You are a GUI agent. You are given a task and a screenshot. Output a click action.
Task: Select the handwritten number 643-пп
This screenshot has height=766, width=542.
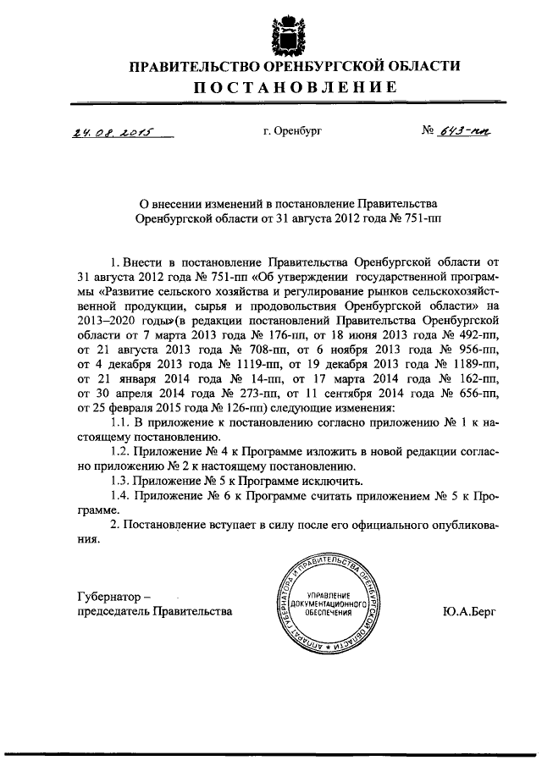click(464, 131)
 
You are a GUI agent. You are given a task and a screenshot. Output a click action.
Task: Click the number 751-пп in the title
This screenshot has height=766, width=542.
click(415, 217)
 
